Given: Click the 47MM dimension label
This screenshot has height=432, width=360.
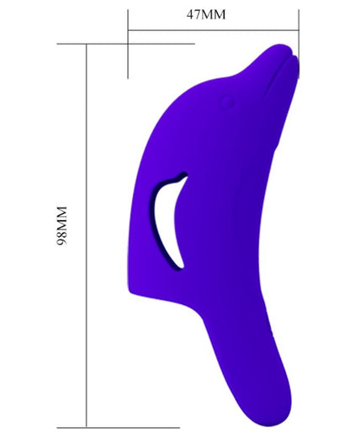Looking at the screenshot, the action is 206,14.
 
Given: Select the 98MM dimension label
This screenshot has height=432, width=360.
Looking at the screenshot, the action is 61,226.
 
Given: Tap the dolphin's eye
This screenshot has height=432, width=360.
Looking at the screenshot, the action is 226,102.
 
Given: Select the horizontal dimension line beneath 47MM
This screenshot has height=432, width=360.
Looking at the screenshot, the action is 214,30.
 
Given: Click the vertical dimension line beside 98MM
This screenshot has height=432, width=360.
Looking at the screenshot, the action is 87,235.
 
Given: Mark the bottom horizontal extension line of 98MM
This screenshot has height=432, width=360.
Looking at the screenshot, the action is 118,428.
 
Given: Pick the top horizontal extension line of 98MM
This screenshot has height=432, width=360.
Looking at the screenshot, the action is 125,44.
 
